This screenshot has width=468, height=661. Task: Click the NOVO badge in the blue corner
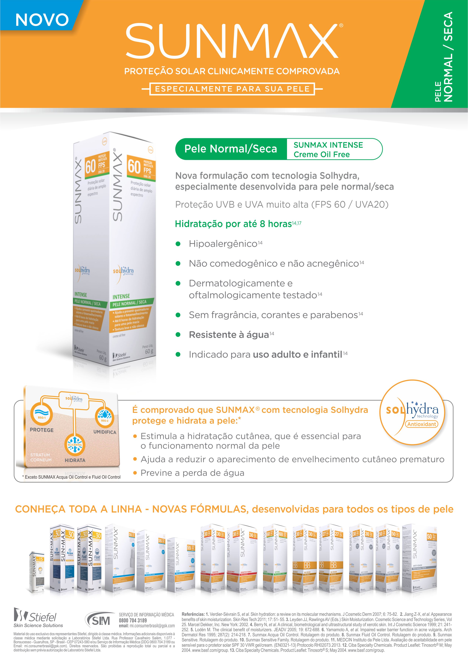point(42,20)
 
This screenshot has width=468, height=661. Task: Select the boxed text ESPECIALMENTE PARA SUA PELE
point(232,89)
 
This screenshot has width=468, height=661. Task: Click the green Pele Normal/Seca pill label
point(231,149)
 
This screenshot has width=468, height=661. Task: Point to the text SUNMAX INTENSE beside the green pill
point(328,145)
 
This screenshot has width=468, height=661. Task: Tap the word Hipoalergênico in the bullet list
point(223,244)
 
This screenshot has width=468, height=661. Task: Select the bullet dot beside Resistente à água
point(178,334)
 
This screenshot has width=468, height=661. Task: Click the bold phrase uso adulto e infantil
point(297,354)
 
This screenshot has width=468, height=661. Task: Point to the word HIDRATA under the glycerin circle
point(75,460)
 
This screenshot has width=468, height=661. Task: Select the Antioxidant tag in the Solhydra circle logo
point(422,424)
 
